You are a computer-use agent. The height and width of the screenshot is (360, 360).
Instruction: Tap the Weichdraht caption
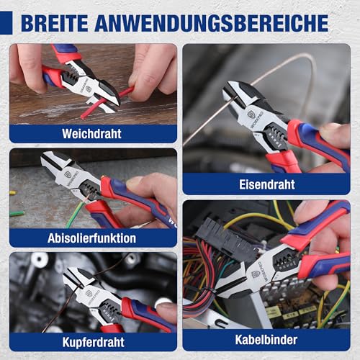(92, 134)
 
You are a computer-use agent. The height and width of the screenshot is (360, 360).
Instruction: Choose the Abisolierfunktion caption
(93, 238)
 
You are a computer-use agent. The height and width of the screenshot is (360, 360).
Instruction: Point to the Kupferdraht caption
(93, 342)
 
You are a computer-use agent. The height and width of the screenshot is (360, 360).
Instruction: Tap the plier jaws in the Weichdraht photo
(101, 90)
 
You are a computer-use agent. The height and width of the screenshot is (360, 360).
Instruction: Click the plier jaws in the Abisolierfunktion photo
(58, 169)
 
